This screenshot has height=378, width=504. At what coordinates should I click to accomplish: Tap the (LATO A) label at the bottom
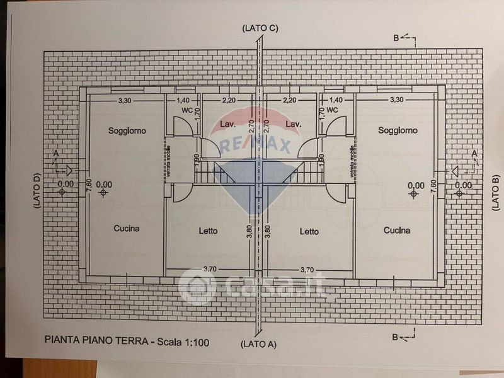(259, 344)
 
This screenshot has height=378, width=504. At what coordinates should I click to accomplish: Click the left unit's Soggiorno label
(127, 131)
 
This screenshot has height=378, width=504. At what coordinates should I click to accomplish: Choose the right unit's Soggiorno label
(398, 130)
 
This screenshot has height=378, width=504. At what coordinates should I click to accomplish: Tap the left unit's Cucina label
(127, 229)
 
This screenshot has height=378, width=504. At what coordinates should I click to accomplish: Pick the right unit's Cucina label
(397, 230)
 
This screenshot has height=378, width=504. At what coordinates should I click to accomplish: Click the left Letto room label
(208, 231)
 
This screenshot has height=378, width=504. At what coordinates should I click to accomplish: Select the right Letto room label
(309, 231)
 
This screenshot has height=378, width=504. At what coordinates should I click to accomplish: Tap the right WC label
(333, 110)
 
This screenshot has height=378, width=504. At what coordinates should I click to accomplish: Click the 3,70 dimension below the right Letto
(309, 270)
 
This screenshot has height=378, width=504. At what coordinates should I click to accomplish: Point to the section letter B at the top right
(396, 38)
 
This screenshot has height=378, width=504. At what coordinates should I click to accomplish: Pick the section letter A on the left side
(56, 152)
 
